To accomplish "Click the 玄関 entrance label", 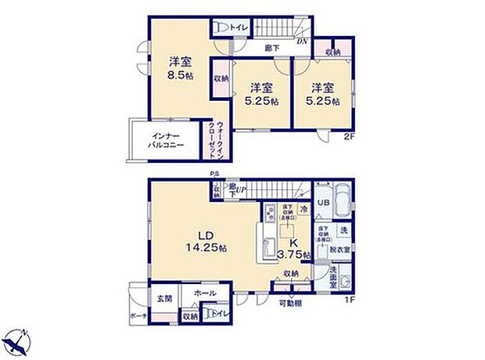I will click(x=163, y=297).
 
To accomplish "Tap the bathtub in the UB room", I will click(x=343, y=200).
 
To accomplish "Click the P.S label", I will click(x=214, y=175).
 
